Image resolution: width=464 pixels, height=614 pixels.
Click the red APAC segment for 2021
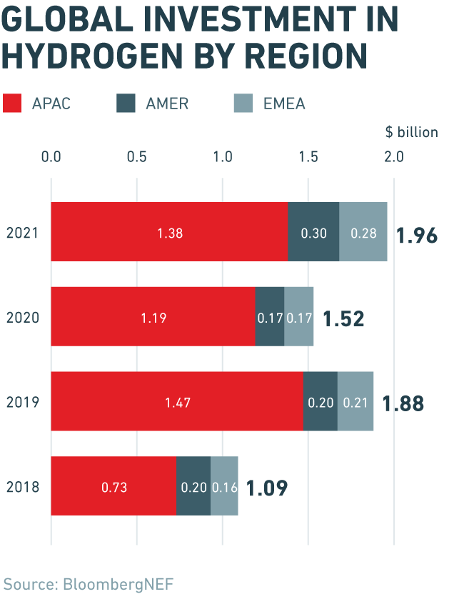(169, 232)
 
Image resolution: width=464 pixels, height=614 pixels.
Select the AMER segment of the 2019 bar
(321, 401)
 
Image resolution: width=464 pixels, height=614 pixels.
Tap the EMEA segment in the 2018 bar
(224, 486)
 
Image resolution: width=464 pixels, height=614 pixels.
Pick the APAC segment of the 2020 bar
(153, 317)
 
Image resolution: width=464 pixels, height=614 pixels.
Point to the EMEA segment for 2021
(363, 232)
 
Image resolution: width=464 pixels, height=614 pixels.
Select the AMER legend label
(167, 104)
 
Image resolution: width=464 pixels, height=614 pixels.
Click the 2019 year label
(22, 402)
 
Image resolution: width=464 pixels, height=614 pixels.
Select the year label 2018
(22, 487)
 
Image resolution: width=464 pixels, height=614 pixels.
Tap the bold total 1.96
(416, 235)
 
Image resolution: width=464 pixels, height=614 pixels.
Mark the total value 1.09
(267, 488)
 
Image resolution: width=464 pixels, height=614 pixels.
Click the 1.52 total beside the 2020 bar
(343, 319)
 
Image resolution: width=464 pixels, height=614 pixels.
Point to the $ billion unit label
(412, 132)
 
